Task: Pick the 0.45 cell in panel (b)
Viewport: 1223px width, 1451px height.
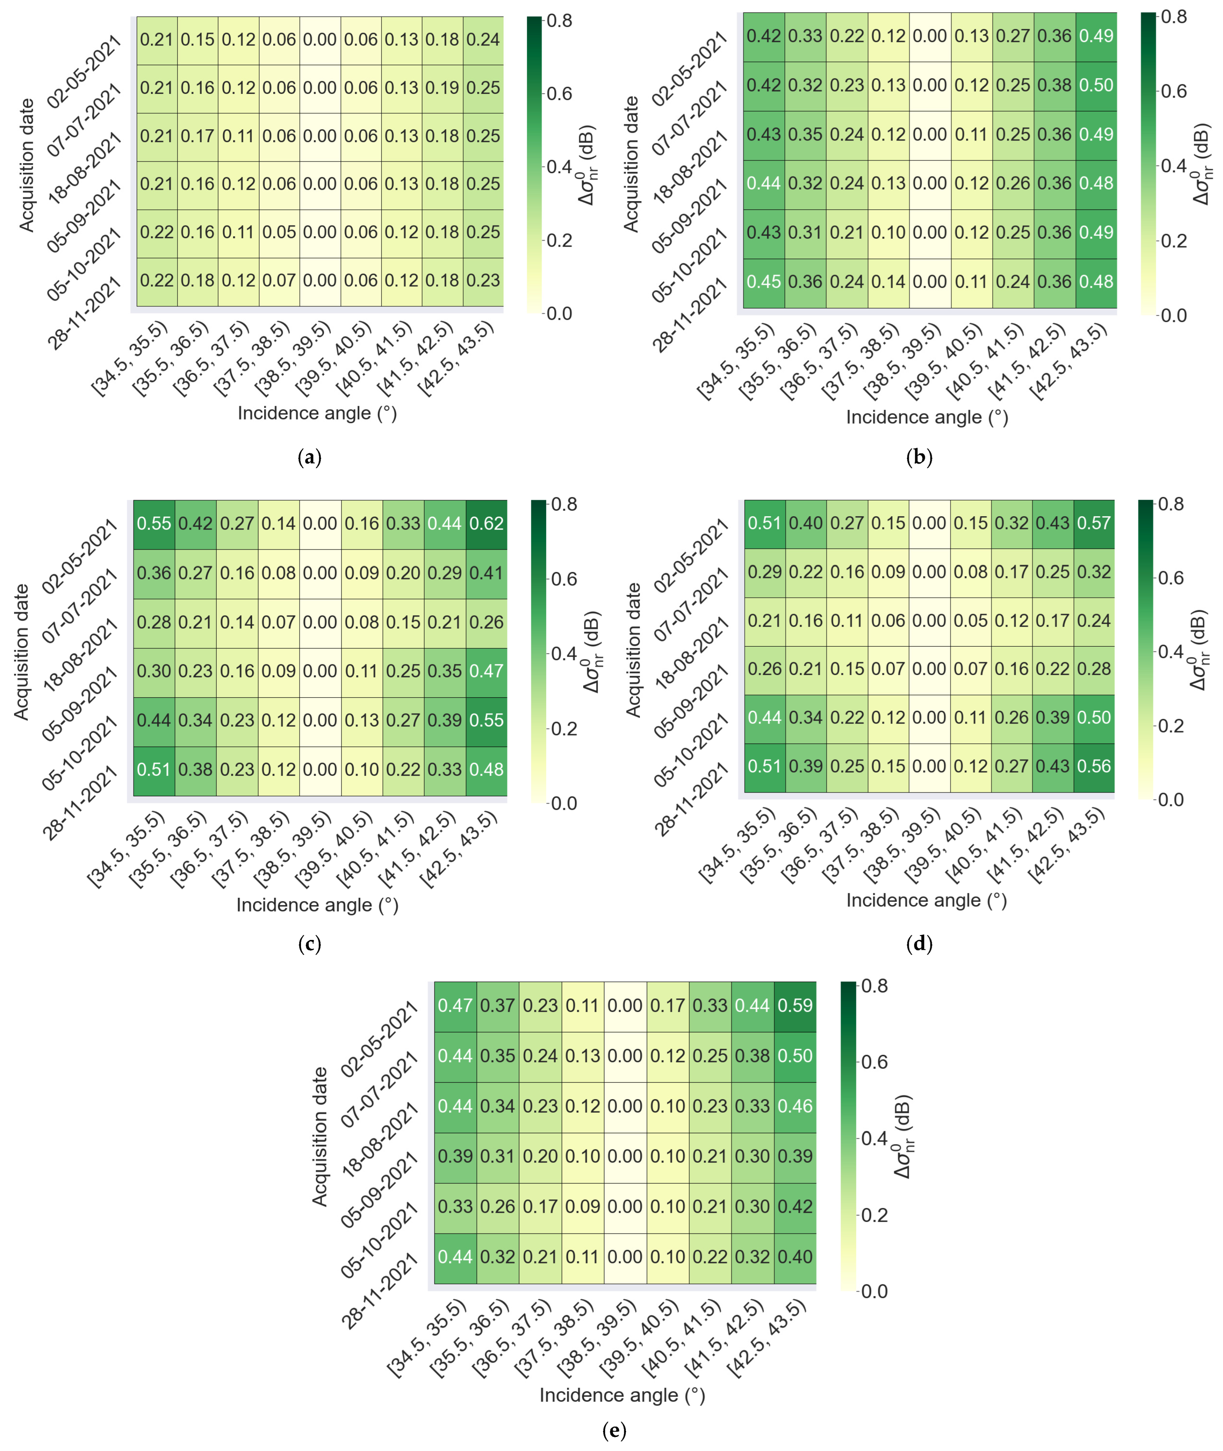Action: (764, 282)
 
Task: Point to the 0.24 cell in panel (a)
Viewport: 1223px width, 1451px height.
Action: (483, 39)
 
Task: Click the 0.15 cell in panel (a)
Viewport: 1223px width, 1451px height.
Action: (198, 39)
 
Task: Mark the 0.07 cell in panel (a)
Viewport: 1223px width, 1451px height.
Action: (279, 280)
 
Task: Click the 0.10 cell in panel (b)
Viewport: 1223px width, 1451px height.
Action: (889, 232)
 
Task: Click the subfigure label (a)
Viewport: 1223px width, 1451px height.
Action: (309, 457)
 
